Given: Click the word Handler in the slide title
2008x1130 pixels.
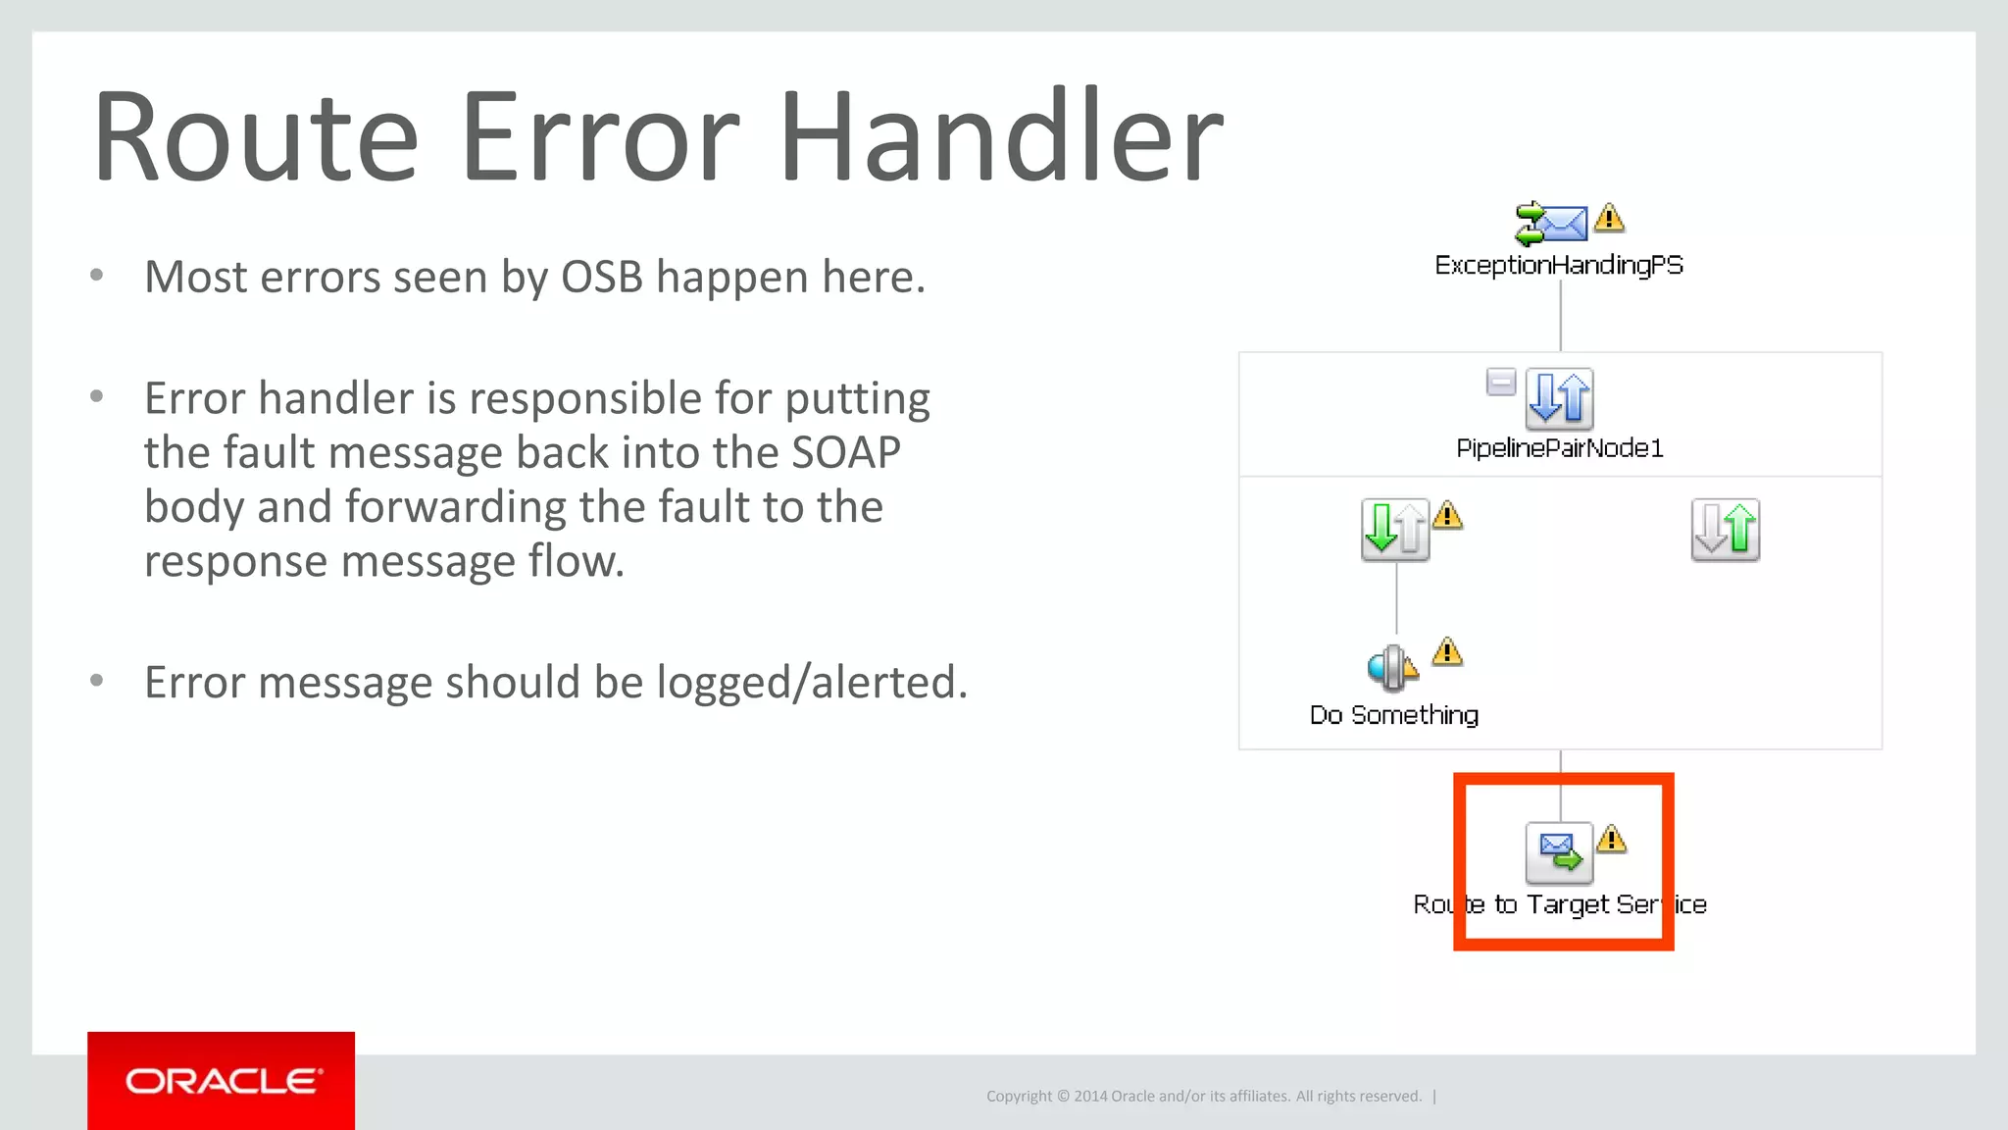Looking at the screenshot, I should (1000, 137).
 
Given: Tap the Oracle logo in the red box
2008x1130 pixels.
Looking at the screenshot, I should (222, 1081).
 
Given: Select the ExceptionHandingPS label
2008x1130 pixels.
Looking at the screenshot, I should (1559, 265).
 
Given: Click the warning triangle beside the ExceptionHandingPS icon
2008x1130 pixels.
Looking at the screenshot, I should (1609, 218).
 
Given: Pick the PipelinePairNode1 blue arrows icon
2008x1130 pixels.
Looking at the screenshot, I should (1559, 398).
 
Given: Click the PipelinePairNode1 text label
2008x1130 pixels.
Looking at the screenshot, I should (1559, 448).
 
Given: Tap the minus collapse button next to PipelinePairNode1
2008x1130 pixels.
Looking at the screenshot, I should (1500, 382).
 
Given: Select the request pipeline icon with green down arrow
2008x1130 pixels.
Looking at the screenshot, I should (1394, 530).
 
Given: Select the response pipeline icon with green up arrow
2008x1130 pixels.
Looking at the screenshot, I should (1725, 530).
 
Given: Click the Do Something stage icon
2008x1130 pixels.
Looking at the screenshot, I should (1391, 668).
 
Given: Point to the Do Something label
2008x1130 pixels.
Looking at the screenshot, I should (1393, 715).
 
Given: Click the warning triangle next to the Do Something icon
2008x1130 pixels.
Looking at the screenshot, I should (1447, 652).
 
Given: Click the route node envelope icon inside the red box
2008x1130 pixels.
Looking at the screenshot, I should (1559, 852).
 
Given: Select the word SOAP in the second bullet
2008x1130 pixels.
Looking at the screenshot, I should (845, 453).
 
